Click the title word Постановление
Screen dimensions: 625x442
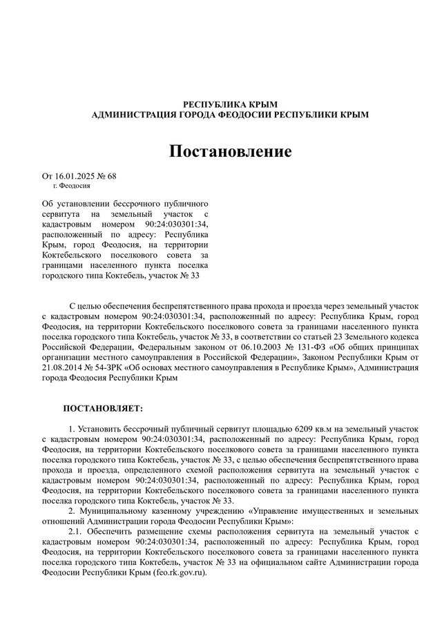pos(231,151)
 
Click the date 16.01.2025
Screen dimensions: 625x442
pos(74,176)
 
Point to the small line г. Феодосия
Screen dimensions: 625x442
pos(71,186)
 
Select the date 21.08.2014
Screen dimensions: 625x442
pos(62,367)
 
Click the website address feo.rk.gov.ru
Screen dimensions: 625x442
pos(181,573)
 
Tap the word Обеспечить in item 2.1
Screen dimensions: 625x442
pos(108,531)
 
